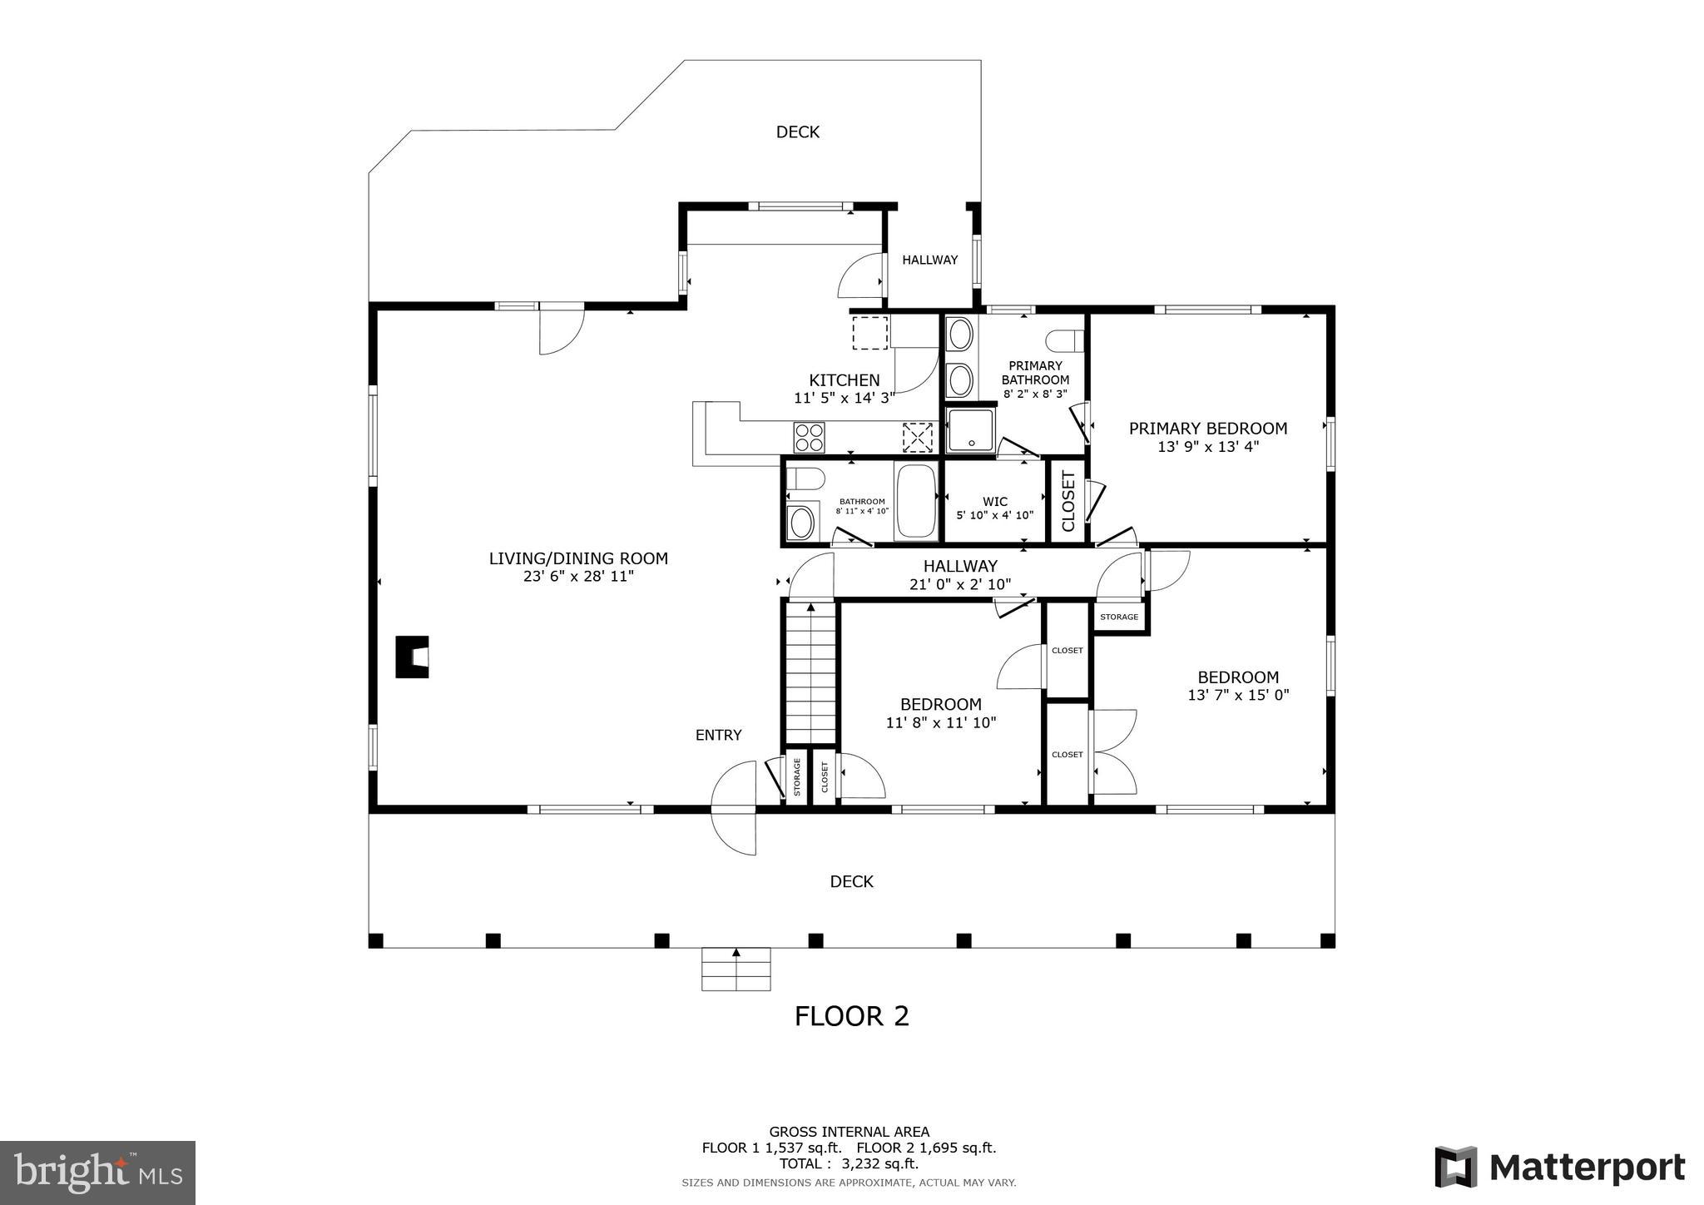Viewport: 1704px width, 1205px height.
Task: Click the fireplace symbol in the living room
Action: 412,657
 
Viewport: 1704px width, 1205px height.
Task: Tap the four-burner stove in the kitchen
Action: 809,437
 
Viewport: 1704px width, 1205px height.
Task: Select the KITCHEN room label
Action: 844,380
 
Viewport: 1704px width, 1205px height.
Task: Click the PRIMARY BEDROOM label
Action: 1207,429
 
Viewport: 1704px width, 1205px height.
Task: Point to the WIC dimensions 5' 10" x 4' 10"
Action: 994,515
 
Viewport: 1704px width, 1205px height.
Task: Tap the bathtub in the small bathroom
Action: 915,501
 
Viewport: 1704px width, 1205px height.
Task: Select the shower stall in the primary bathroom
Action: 970,430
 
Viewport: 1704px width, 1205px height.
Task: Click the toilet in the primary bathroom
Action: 1065,340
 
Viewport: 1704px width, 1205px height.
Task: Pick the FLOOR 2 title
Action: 851,1016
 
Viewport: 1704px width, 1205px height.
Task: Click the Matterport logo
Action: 1559,1167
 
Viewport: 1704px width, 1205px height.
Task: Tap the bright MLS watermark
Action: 98,1173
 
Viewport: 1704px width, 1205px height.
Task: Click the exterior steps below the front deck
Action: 736,969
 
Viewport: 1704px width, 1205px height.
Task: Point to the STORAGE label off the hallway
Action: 1118,617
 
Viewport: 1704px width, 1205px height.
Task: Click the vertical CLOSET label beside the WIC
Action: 1068,501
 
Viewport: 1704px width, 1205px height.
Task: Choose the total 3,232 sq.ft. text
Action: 849,1163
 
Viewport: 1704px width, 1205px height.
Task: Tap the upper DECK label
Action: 797,131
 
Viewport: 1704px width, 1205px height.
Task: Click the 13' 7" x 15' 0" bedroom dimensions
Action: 1237,695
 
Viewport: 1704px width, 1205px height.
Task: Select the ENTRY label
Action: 718,735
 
